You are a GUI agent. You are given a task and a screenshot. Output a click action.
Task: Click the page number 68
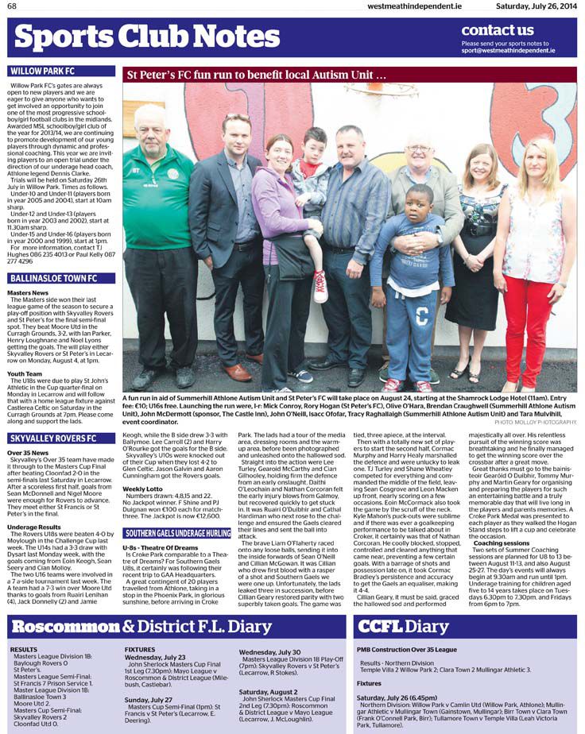13,6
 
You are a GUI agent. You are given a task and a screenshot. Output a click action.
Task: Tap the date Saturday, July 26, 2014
537,6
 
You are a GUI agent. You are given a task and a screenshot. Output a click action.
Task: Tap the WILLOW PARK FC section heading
43,71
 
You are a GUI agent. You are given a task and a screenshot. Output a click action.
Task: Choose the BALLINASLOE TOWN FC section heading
53,279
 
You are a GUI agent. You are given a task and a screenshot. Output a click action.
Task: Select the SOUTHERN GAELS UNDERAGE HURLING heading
177,511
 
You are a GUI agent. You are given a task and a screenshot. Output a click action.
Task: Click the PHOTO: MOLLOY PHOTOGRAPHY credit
536,423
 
